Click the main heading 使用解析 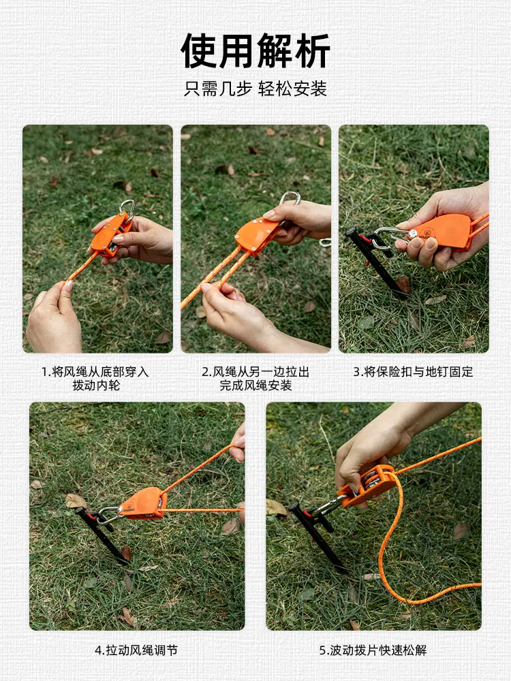[x=255, y=50]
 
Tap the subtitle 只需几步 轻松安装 [x=255, y=89]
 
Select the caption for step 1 [x=95, y=378]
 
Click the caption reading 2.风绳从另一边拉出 [x=255, y=372]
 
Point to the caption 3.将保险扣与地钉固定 [x=414, y=372]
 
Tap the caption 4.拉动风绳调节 [x=136, y=650]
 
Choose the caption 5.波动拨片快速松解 [x=373, y=650]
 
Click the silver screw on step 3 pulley [x=412, y=234]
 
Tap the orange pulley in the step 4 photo [x=142, y=503]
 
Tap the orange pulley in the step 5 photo [x=367, y=486]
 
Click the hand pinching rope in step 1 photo [x=54, y=316]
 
